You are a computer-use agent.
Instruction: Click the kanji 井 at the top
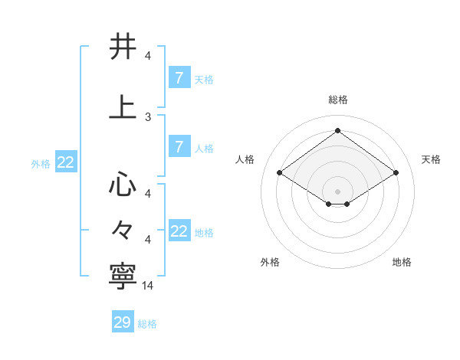pyautogui.click(x=123, y=47)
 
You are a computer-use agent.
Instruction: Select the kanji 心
pyautogui.click(x=123, y=185)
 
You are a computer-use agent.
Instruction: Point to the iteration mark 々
pyautogui.click(x=123, y=229)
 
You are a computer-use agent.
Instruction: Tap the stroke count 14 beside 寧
pyautogui.click(x=148, y=286)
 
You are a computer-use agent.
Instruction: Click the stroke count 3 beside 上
pyautogui.click(x=148, y=117)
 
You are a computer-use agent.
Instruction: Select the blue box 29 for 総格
pyautogui.click(x=123, y=322)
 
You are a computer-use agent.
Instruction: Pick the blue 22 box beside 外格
pyautogui.click(x=65, y=162)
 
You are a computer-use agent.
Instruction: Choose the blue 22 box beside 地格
pyautogui.click(x=179, y=232)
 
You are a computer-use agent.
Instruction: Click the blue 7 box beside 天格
pyautogui.click(x=179, y=77)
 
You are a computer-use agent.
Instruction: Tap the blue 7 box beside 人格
pyautogui.click(x=179, y=147)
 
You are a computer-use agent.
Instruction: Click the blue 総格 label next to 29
pyautogui.click(x=147, y=324)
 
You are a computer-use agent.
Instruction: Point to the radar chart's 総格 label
pyautogui.click(x=338, y=100)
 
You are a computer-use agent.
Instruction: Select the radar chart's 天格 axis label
pyautogui.click(x=431, y=159)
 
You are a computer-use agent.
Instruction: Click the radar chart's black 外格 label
pyautogui.click(x=270, y=262)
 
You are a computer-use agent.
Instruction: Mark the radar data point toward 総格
pyautogui.click(x=337, y=129)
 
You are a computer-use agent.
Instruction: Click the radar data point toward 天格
pyautogui.click(x=396, y=173)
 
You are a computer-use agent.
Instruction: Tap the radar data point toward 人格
pyautogui.click(x=279, y=173)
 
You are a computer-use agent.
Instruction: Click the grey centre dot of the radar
pyautogui.click(x=337, y=190)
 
